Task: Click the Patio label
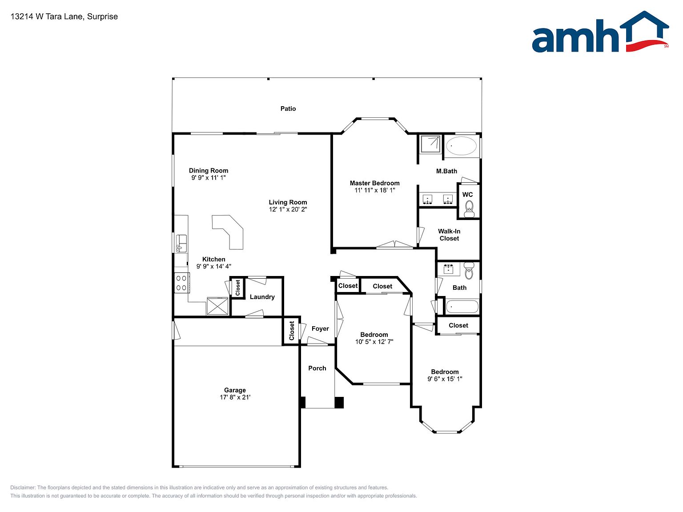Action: pyautogui.click(x=288, y=108)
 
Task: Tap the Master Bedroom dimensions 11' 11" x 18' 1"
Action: pyautogui.click(x=375, y=190)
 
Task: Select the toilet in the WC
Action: pyautogui.click(x=469, y=209)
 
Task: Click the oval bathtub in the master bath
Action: pyautogui.click(x=461, y=146)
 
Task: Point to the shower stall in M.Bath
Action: pyautogui.click(x=430, y=144)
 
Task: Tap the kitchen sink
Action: pyautogui.click(x=181, y=244)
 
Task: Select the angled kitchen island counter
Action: pyautogui.click(x=228, y=232)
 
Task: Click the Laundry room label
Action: pyautogui.click(x=262, y=297)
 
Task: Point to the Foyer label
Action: pyautogui.click(x=320, y=328)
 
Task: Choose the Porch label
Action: pyautogui.click(x=317, y=368)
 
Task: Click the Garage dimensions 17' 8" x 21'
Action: pyautogui.click(x=235, y=397)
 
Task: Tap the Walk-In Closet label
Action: pyautogui.click(x=449, y=235)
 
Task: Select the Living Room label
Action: pyautogui.click(x=288, y=202)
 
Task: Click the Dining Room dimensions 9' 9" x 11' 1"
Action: pyautogui.click(x=209, y=177)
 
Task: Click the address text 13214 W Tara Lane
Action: pyautogui.click(x=47, y=16)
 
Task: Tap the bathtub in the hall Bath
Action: pyautogui.click(x=462, y=307)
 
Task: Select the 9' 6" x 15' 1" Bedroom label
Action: pyautogui.click(x=445, y=376)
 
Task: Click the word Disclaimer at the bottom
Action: pyautogui.click(x=22, y=488)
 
